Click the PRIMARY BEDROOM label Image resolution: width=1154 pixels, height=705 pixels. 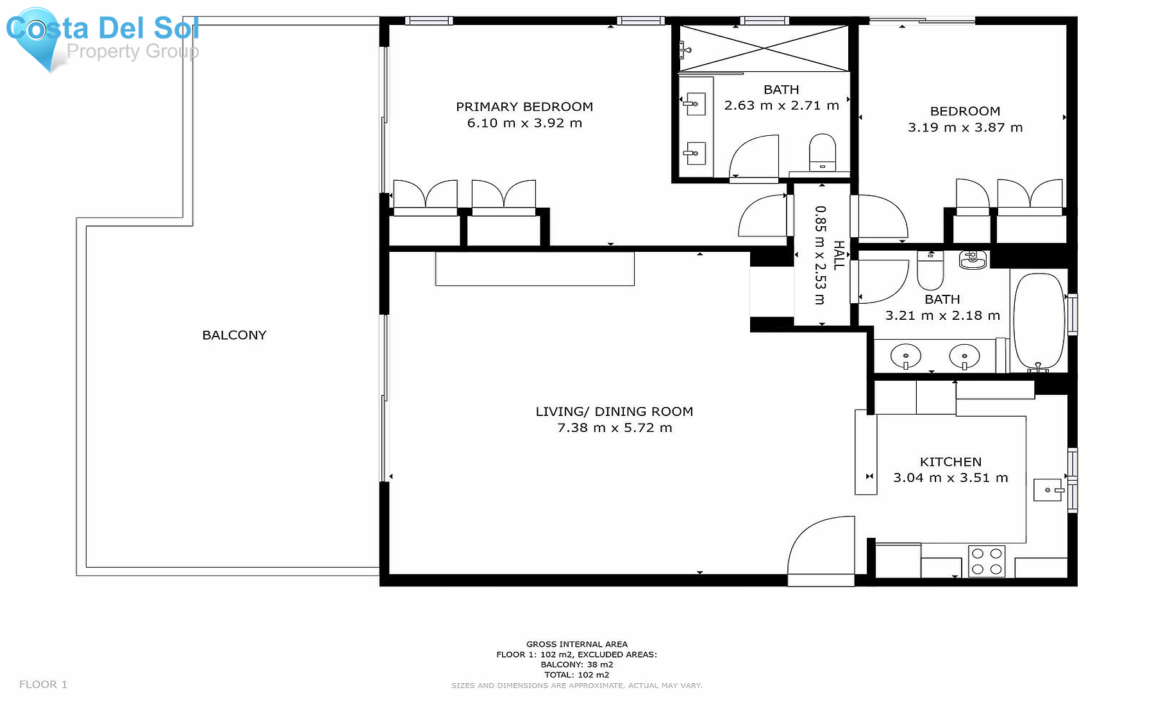pyautogui.click(x=524, y=106)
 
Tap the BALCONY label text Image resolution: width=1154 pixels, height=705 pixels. pyautogui.click(x=234, y=335)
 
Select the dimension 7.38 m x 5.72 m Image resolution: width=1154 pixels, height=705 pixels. pyautogui.click(x=614, y=427)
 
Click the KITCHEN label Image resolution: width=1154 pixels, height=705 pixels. pyautogui.click(x=950, y=461)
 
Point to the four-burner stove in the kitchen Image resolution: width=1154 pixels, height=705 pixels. pyautogui.click(x=986, y=561)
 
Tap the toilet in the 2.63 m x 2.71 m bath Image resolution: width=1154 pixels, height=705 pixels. pyautogui.click(x=822, y=153)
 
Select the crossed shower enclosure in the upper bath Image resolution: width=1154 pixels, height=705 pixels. pyautogui.click(x=764, y=48)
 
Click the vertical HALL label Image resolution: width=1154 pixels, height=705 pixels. pyautogui.click(x=839, y=255)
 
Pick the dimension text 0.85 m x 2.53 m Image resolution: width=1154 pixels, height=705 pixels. pyautogui.click(x=820, y=255)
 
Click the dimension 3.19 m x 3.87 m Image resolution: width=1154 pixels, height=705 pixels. pyautogui.click(x=965, y=128)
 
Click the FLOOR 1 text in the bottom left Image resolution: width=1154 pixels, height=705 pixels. pyautogui.click(x=43, y=684)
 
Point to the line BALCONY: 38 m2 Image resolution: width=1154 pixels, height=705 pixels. pyautogui.click(x=576, y=665)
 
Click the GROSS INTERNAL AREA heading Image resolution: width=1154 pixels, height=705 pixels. pyautogui.click(x=576, y=644)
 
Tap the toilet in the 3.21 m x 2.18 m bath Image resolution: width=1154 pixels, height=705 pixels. pyautogui.click(x=930, y=271)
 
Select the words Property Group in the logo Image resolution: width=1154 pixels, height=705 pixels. pyautogui.click(x=133, y=51)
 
